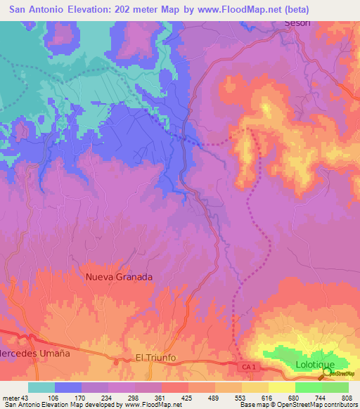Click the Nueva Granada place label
click(119, 277)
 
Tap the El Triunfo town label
click(159, 358)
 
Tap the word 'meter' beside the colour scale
click(9, 398)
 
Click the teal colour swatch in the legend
click(41, 387)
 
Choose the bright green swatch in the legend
click(309, 387)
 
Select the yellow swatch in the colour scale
click(255, 387)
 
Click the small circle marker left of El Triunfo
click(115, 362)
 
